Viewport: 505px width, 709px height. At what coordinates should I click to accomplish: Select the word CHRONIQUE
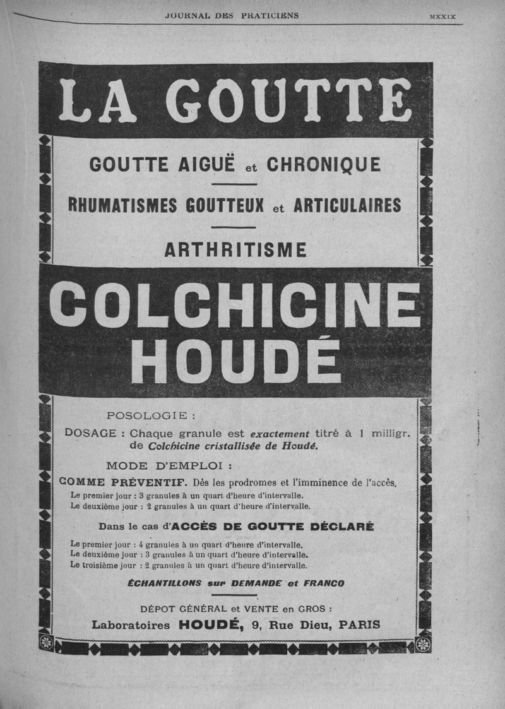tap(324, 165)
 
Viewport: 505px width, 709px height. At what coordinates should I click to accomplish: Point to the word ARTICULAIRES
tap(347, 206)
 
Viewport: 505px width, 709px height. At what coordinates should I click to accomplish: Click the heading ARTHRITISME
tap(235, 250)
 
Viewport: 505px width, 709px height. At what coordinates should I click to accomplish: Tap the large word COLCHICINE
tap(238, 305)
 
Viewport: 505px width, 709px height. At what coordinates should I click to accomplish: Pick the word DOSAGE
tap(90, 434)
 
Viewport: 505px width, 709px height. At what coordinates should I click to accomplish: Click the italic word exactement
tap(280, 434)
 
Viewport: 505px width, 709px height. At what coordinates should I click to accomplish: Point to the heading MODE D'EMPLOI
tap(170, 467)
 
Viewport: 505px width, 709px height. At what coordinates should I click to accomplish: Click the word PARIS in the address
tap(359, 624)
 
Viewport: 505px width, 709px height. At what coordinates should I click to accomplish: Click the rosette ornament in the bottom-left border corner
tap(45, 643)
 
